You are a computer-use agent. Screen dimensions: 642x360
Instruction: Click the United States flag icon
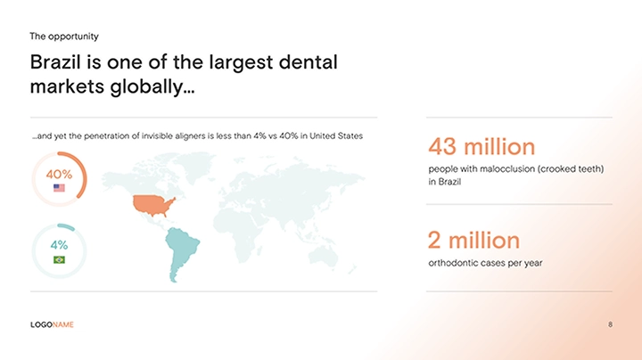pos(59,188)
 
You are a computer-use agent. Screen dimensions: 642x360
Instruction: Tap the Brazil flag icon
pos(59,259)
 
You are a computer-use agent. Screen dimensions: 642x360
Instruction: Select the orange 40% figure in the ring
pos(59,175)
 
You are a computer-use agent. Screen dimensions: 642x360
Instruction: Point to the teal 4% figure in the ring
pos(59,245)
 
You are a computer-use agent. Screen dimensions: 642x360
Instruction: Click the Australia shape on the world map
pos(324,258)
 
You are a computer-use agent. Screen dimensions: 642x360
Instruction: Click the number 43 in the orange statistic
pos(441,146)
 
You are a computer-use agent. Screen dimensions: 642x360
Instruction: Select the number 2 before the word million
pos(434,240)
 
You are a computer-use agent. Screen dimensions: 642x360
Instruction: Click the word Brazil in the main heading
pos(55,62)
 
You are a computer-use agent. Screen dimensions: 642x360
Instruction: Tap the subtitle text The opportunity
pos(64,37)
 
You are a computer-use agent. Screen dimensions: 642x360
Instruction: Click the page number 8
pos(610,324)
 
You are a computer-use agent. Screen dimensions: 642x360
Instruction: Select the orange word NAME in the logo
pos(63,325)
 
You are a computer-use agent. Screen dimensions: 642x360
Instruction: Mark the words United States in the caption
pos(336,135)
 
